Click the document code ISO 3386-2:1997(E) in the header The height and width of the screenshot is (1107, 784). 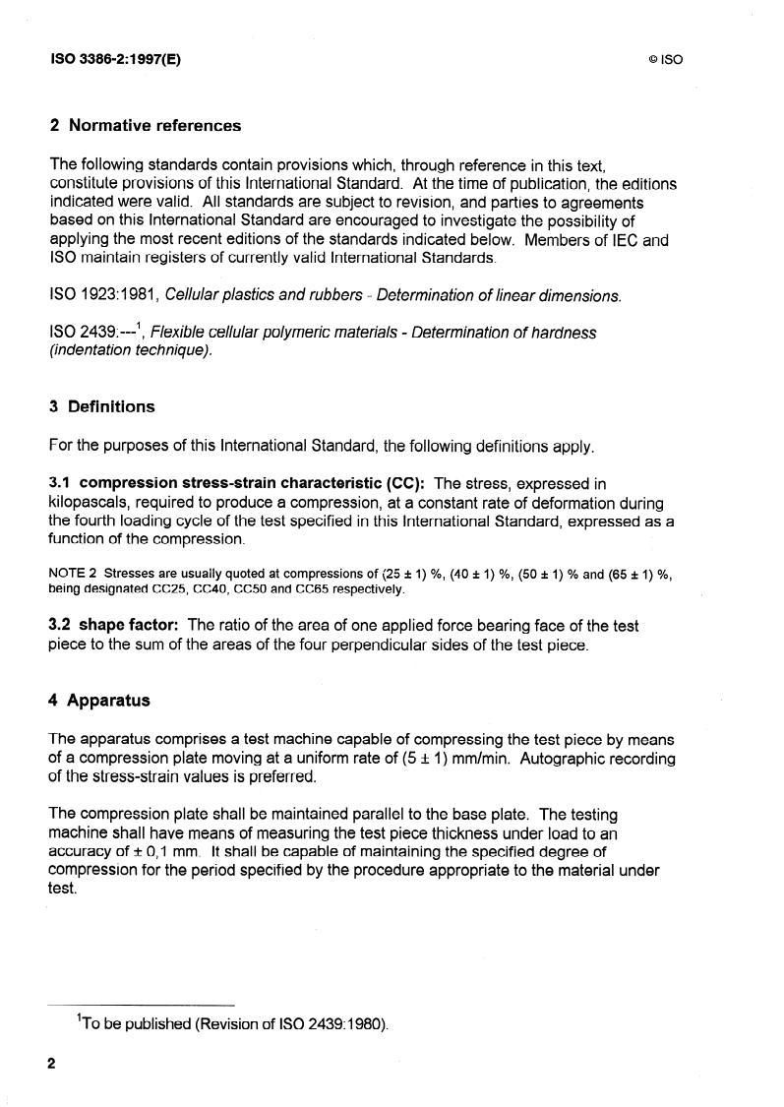pyautogui.click(x=115, y=58)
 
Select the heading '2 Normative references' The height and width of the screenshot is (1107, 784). pyautogui.click(x=145, y=125)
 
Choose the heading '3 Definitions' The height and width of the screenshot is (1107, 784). pyautogui.click(x=101, y=406)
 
